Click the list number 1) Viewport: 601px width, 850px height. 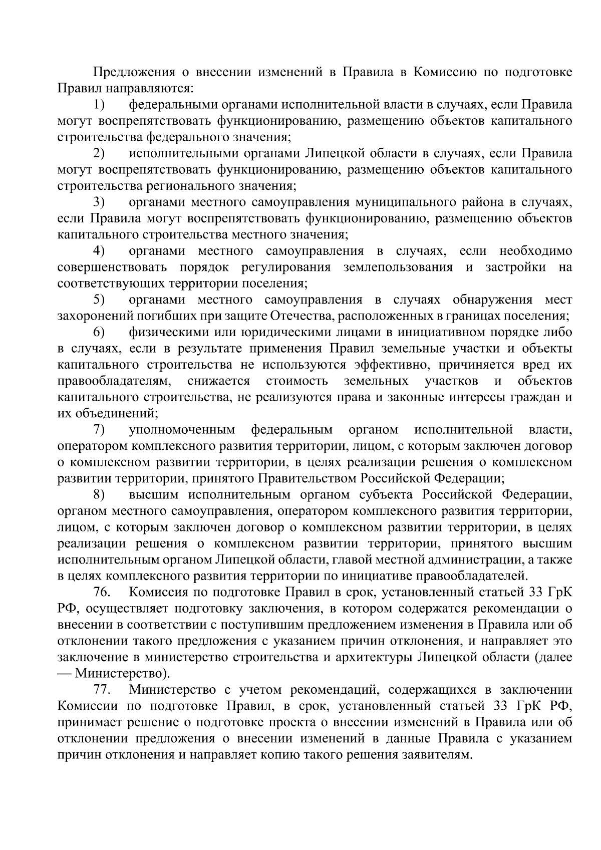[x=99, y=105]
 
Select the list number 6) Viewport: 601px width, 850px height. [x=99, y=333]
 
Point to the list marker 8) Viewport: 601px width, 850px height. [x=99, y=495]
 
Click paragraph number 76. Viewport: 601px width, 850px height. [x=102, y=593]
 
